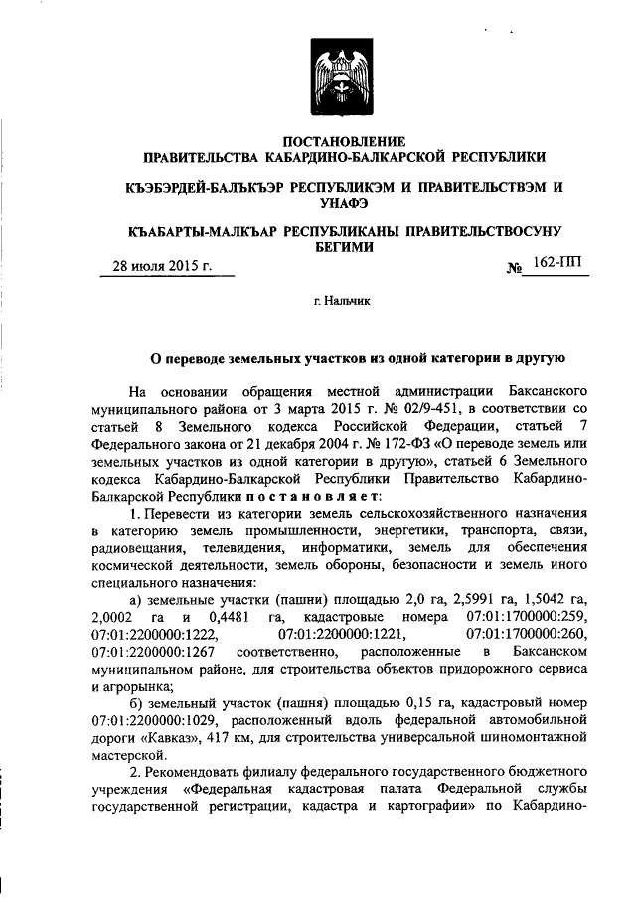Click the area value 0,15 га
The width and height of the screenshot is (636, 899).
[406, 702]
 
